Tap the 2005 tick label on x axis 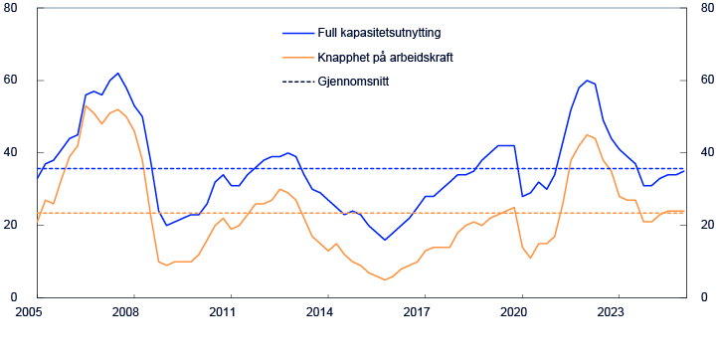pyautogui.click(x=27, y=311)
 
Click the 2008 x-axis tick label pyautogui.click(x=124, y=311)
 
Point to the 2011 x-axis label pyautogui.click(x=222, y=311)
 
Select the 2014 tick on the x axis pyautogui.click(x=319, y=311)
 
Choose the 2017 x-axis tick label pyautogui.click(x=417, y=311)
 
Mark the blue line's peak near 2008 pyautogui.click(x=118, y=73)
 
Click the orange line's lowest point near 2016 pyautogui.click(x=385, y=279)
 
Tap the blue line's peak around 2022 pyautogui.click(x=587, y=81)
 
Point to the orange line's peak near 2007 pyautogui.click(x=86, y=105)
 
